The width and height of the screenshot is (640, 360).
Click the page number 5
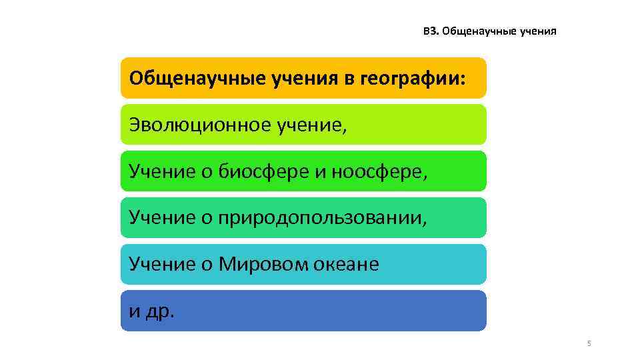click(x=589, y=343)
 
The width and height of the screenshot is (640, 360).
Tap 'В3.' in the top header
click(x=431, y=31)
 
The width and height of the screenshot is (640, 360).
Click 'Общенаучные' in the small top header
click(x=473, y=31)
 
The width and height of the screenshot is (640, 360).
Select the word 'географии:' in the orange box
click(x=413, y=79)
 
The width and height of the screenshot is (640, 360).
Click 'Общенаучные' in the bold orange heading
click(x=198, y=79)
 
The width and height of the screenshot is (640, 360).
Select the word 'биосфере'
click(x=263, y=171)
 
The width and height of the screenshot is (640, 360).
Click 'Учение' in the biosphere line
click(x=162, y=171)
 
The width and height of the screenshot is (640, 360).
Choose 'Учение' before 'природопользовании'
click(x=162, y=218)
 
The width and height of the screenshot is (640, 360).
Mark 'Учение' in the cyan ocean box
click(x=162, y=265)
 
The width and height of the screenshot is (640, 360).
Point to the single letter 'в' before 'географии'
click(x=349, y=79)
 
